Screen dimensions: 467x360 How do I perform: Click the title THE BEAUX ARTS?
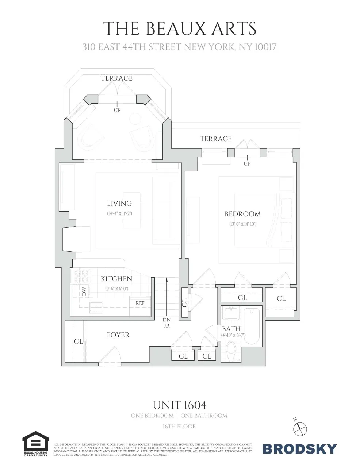(x=180, y=28)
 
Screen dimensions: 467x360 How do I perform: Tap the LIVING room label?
(x=119, y=204)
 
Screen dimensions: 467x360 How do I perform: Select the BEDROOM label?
(x=242, y=214)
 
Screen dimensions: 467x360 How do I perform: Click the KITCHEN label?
(x=116, y=279)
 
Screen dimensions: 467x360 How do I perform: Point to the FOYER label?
(x=118, y=335)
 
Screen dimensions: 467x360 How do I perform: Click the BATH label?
(x=231, y=329)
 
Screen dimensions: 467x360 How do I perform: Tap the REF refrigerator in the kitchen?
(x=140, y=304)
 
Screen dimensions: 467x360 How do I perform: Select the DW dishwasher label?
(x=84, y=292)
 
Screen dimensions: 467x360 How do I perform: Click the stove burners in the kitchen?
(x=82, y=276)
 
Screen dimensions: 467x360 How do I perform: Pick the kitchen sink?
(x=96, y=307)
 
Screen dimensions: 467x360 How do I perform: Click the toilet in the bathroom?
(x=231, y=350)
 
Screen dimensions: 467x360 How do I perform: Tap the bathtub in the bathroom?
(x=252, y=326)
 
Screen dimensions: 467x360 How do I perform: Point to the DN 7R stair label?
(x=166, y=323)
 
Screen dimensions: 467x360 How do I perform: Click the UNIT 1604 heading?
(x=180, y=405)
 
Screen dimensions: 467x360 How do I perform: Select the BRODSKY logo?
(x=299, y=448)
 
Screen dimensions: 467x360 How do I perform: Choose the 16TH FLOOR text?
(x=179, y=426)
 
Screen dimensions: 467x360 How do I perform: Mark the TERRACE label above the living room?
(x=116, y=78)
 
